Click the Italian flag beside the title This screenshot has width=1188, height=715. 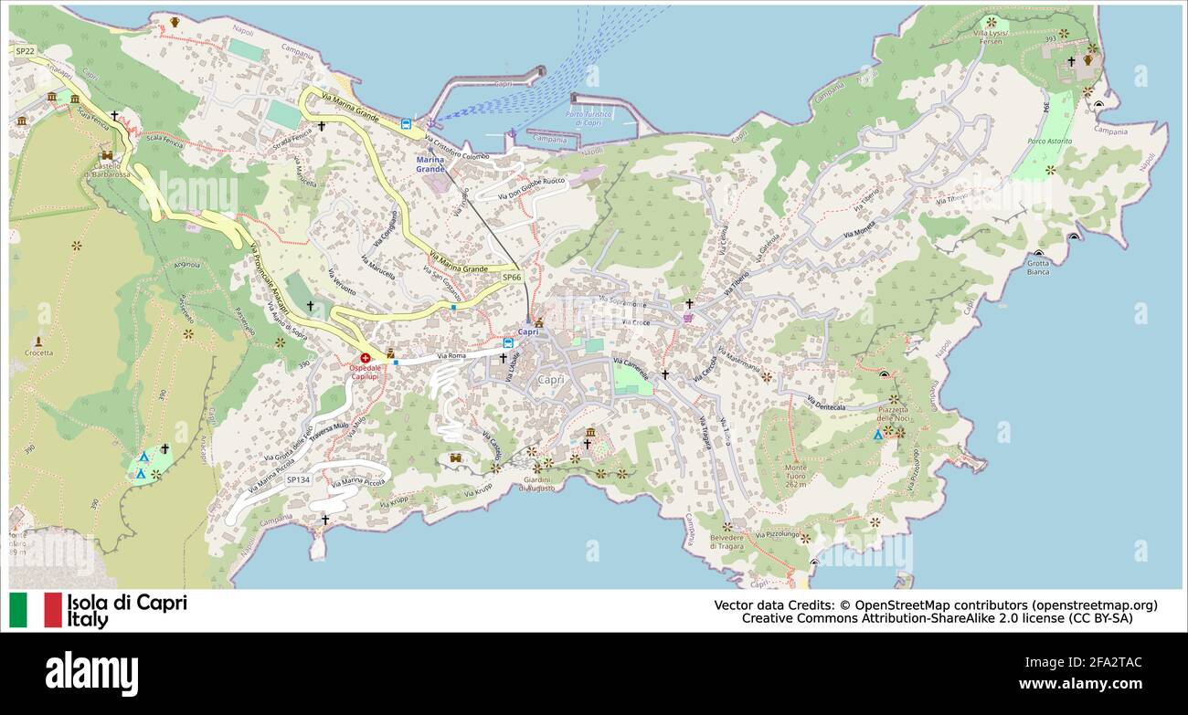(36, 610)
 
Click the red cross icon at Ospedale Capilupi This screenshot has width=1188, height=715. (365, 358)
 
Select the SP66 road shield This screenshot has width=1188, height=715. (511, 277)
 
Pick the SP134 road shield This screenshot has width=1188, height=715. (298, 479)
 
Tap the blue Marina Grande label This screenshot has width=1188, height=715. (430, 164)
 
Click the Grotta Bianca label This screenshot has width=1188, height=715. (1037, 267)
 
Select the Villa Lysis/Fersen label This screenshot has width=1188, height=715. (992, 37)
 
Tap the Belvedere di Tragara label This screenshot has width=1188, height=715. (727, 542)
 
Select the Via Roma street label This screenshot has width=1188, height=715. (451, 355)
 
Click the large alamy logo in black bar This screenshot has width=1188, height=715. (91, 674)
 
